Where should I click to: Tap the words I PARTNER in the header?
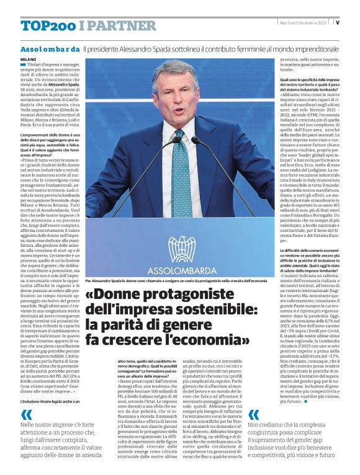118,25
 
